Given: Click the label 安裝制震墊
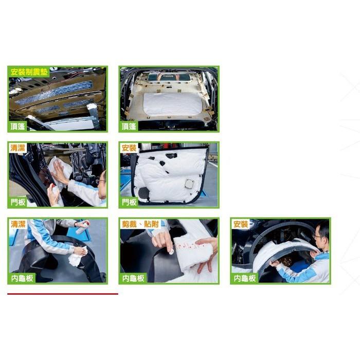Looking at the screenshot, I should pos(30,71).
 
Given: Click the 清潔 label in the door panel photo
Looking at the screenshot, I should pos(17,148).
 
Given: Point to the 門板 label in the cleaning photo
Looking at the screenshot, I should pos(17,202).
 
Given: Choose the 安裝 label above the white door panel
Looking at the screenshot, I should pos(129,148).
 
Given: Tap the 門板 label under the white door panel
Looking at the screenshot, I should pos(129,202).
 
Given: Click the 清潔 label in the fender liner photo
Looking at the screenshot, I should pos(17,224).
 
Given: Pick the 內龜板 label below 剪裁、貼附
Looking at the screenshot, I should pos(133,278).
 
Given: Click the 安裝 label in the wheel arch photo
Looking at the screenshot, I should pos(241,224).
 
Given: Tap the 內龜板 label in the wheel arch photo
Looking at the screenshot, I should pos(244,278).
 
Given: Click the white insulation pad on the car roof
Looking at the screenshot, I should pos(172,104).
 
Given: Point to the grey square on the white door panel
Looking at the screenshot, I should pos(190,184).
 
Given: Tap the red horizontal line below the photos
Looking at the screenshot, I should pos(62,294).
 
